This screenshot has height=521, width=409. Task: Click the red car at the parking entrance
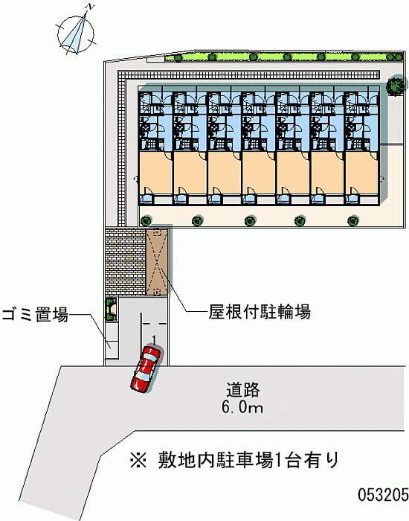(x=146, y=369)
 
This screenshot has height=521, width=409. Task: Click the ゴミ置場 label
(x=35, y=314)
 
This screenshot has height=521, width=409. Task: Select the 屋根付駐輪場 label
(x=260, y=311)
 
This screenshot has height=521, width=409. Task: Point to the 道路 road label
(x=242, y=390)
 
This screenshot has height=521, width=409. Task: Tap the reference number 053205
(x=383, y=495)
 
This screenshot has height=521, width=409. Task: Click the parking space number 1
(x=154, y=339)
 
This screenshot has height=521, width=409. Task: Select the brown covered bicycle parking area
(x=157, y=262)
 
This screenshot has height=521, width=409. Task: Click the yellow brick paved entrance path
(x=126, y=262)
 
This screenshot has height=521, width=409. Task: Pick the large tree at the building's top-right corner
(x=395, y=86)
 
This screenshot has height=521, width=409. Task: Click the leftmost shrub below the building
(x=145, y=220)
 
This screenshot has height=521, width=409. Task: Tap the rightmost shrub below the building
(x=352, y=220)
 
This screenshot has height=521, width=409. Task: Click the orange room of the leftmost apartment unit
(x=155, y=171)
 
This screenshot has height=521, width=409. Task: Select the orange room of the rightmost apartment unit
(x=361, y=171)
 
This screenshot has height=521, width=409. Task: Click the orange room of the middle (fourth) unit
(x=259, y=171)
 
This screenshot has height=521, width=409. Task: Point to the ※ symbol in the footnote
(x=138, y=460)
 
